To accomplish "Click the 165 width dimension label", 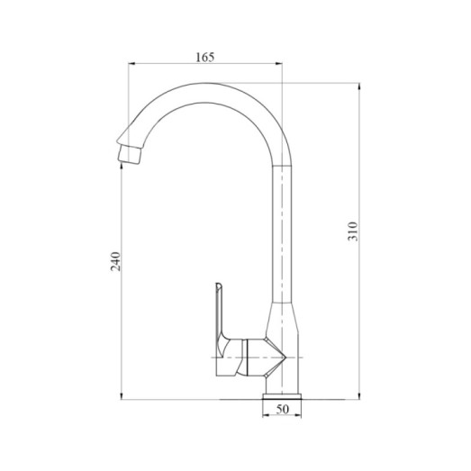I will pyautogui.click(x=204, y=58).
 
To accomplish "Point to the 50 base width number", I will pyautogui.click(x=283, y=411).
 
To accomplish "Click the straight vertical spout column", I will pyautogui.click(x=283, y=234).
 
